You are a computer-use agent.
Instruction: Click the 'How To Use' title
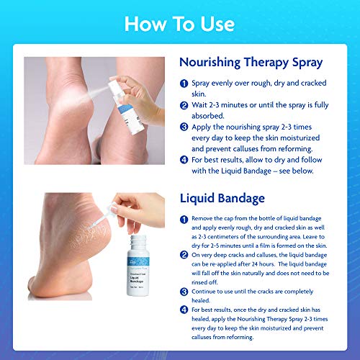point(179,24)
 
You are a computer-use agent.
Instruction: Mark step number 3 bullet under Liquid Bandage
point(184,292)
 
